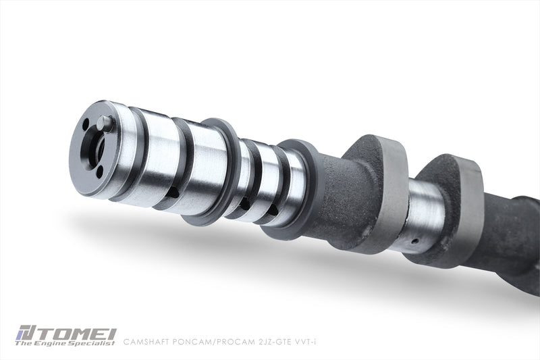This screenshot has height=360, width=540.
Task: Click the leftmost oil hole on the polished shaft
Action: pyautogui.click(x=174, y=192)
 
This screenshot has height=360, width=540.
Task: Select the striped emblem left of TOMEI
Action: pyautogui.click(x=26, y=334)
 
